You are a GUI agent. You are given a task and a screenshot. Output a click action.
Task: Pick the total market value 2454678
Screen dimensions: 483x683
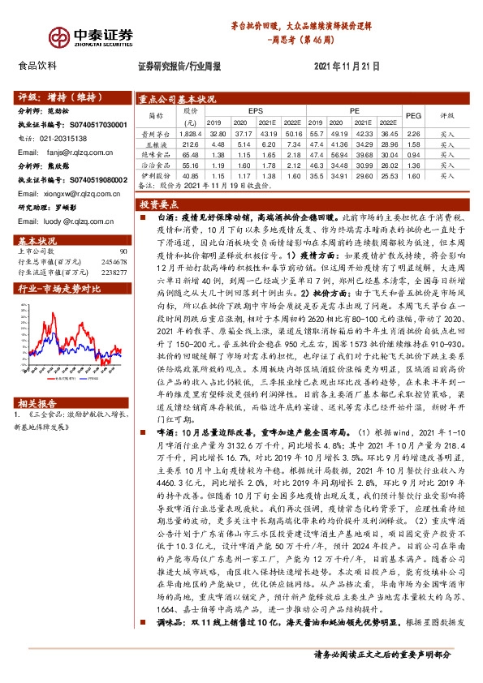click(x=112, y=263)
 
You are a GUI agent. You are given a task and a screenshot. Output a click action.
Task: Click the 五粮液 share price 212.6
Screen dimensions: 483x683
click(x=190, y=142)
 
